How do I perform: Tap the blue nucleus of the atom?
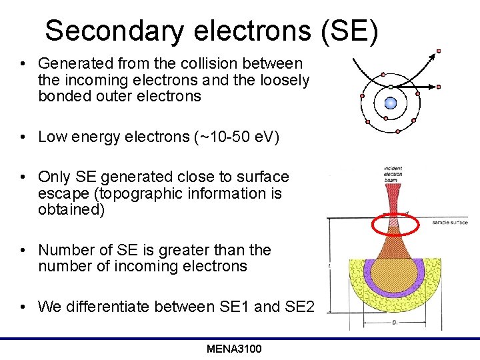[391, 103]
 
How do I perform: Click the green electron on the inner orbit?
[391, 87]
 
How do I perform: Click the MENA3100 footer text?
[234, 349]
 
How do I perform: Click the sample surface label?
[450, 222]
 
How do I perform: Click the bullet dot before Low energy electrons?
[23, 137]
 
